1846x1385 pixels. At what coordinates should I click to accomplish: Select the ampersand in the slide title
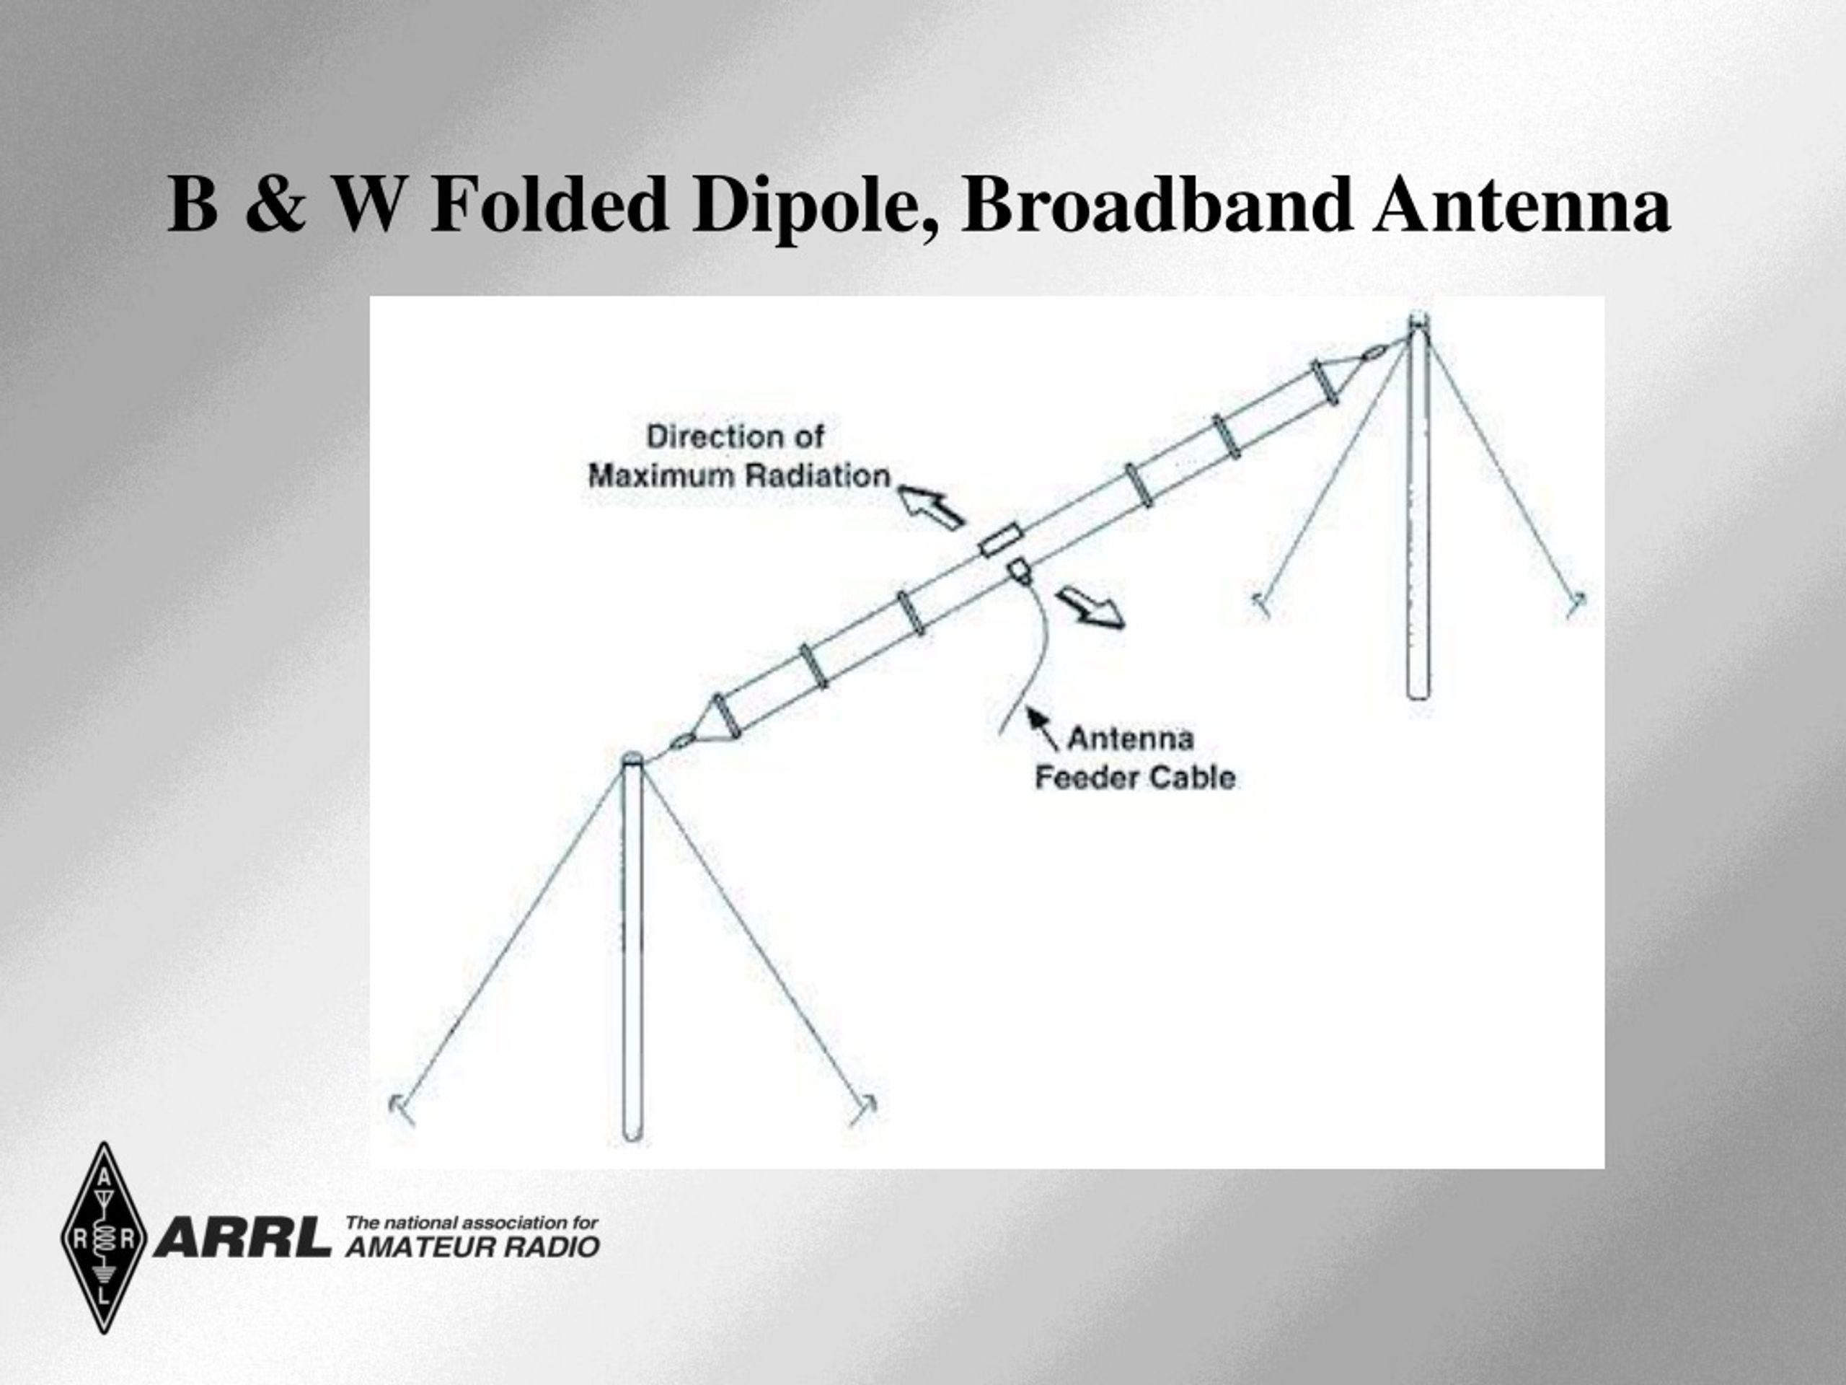(x=275, y=205)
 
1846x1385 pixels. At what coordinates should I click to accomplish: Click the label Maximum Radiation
(x=739, y=476)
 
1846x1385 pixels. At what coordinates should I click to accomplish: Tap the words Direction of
(x=736, y=436)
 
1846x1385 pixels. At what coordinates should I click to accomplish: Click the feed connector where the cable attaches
(x=1020, y=572)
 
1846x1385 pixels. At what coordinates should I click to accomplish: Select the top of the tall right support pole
(x=1418, y=320)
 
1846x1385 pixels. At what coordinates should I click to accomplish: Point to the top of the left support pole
(x=632, y=759)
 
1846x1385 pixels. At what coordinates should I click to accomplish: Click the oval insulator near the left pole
(x=682, y=739)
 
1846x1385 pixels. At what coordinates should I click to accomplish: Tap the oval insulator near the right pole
(x=1373, y=353)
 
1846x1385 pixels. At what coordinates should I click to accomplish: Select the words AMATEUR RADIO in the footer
(x=472, y=1247)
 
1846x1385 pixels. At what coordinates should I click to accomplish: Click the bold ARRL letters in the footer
(x=243, y=1237)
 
